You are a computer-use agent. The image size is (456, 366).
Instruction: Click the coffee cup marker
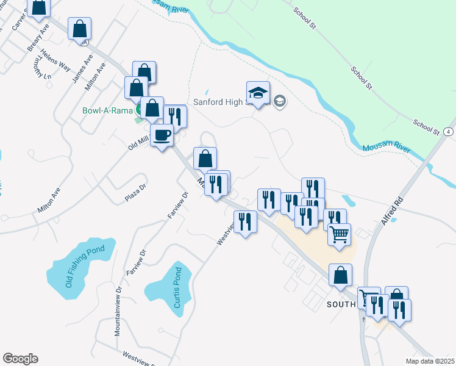(x=162, y=135)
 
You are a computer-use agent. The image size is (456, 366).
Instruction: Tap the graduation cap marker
(x=258, y=93)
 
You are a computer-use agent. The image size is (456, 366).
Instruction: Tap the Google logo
(x=20, y=359)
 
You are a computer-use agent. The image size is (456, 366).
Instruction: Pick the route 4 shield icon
(x=449, y=131)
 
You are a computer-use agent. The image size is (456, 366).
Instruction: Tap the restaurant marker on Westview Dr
(x=245, y=222)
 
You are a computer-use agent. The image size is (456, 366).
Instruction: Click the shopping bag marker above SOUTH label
(x=340, y=275)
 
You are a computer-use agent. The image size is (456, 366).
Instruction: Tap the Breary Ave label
(x=38, y=39)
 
